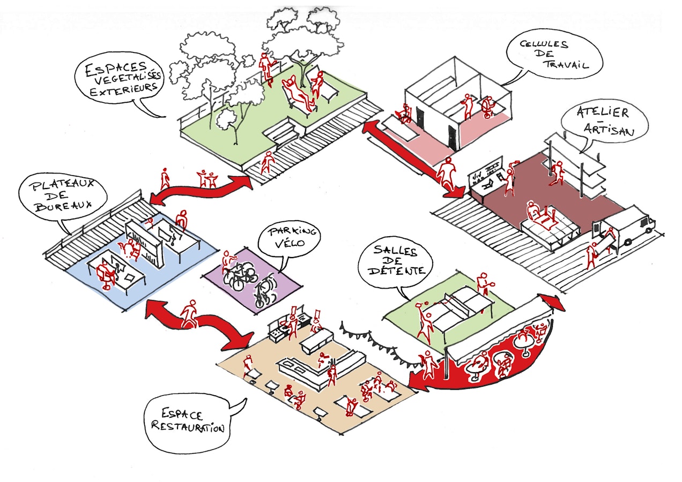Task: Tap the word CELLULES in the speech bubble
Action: tap(544, 44)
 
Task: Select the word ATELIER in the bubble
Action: tap(603, 112)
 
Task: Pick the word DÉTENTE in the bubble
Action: tap(396, 270)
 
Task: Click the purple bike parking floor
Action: tap(253, 281)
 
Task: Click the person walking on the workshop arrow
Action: tap(446, 174)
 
